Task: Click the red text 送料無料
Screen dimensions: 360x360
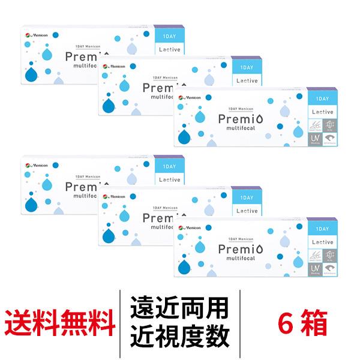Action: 61,324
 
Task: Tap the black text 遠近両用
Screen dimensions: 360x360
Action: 179,310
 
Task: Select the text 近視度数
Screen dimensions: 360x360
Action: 179,338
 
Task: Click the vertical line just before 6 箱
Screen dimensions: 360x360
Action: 239,324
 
